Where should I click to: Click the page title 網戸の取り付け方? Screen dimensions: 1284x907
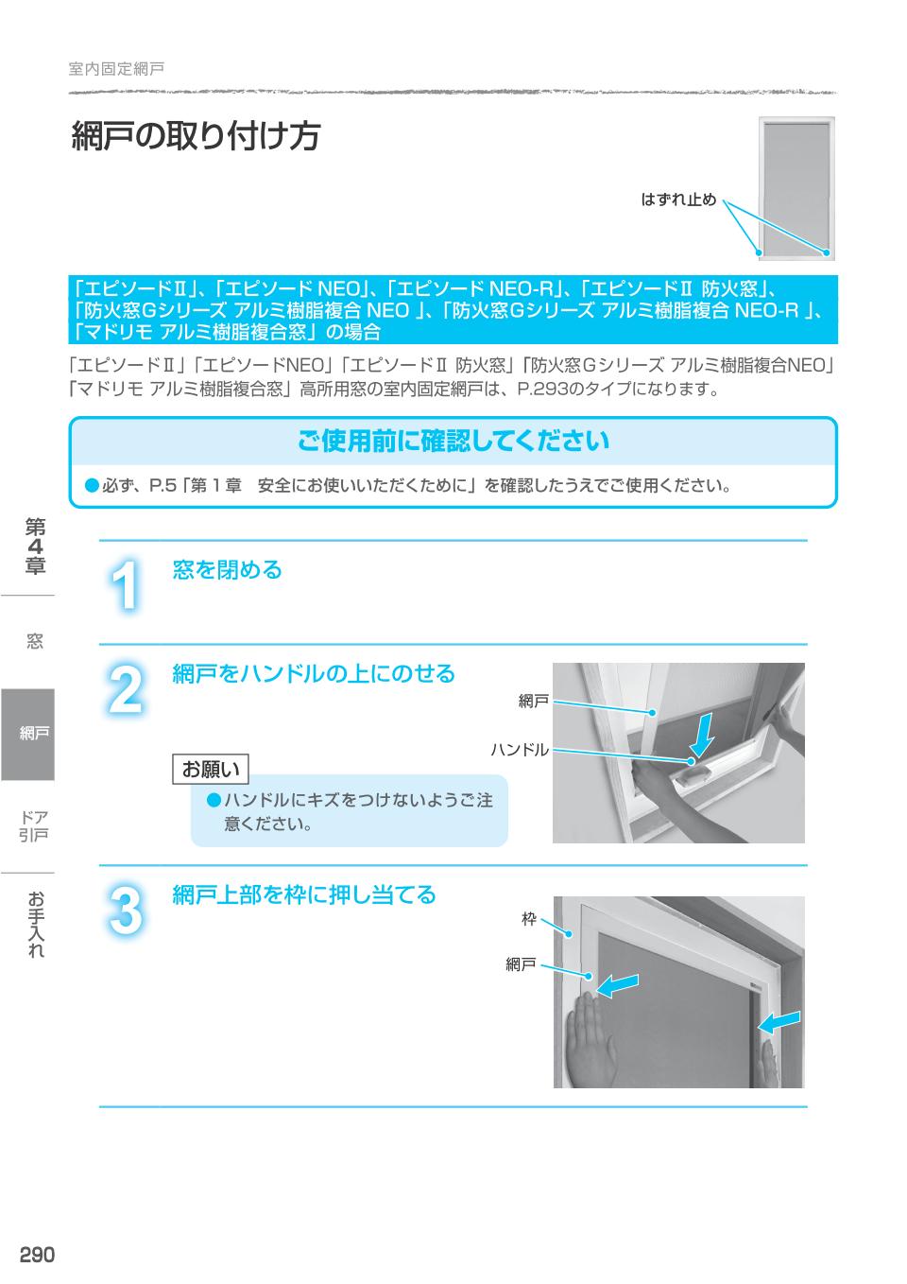(196, 137)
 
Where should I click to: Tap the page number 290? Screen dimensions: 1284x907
(37, 1255)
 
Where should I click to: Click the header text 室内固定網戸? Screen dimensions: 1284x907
(116, 69)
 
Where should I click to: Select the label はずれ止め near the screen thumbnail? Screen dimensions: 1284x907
(678, 200)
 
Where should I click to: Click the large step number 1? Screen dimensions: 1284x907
(126, 586)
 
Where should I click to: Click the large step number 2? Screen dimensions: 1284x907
(126, 691)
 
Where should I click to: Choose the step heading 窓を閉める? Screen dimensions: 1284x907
(227, 570)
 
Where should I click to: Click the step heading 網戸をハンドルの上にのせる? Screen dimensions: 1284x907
(313, 674)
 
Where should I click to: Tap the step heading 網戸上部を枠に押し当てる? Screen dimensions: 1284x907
(303, 894)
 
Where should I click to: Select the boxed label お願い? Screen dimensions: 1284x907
(211, 769)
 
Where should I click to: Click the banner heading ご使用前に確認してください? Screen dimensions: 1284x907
(453, 441)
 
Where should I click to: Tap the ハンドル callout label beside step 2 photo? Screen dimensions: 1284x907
(519, 750)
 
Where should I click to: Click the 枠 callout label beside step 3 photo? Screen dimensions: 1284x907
(529, 918)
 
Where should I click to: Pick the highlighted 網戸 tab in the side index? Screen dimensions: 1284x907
(28, 734)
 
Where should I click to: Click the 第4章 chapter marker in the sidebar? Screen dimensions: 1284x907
(35, 547)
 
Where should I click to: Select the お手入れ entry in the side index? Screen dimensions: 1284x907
(36, 924)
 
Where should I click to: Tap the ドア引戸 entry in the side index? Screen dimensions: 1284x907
(35, 825)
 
